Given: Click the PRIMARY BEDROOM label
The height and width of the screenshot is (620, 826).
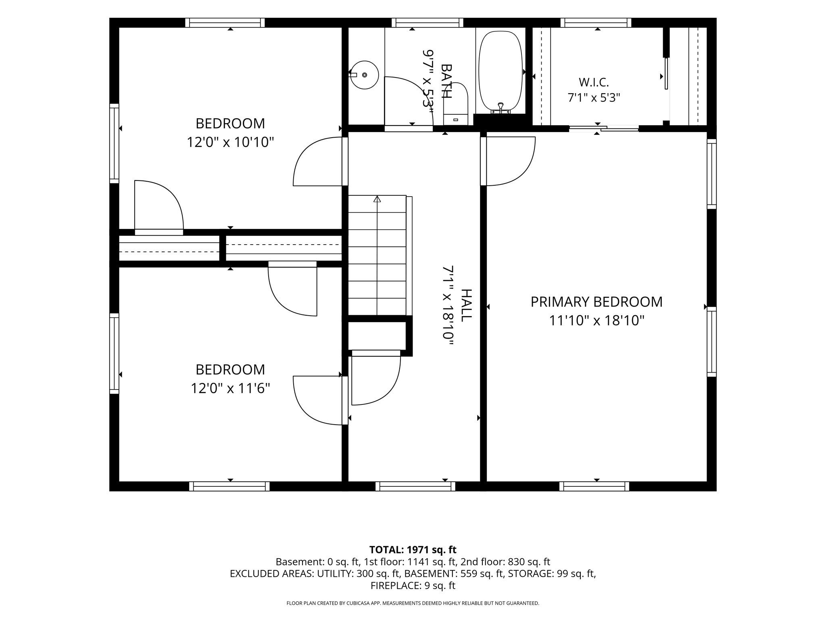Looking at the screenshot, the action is [596, 302].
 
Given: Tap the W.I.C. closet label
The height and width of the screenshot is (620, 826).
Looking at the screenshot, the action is [594, 82].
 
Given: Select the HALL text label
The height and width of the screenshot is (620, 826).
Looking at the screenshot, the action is [466, 305].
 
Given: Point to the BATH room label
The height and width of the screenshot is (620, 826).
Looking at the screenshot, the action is [446, 81].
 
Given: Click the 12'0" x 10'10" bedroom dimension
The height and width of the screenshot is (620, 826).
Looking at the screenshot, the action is [230, 142].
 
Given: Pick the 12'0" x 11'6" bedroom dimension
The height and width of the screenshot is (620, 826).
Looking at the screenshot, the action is [230, 389].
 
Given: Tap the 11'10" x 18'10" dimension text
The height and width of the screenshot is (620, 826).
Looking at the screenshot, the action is [597, 321].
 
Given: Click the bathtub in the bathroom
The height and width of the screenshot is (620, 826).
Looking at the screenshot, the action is [500, 72].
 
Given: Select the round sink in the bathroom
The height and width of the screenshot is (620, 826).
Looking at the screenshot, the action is [364, 75].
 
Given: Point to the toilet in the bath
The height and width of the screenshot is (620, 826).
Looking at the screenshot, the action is [456, 103].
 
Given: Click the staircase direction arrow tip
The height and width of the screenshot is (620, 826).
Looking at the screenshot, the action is [377, 197].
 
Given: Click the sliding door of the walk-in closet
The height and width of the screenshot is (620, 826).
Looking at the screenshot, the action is [604, 129].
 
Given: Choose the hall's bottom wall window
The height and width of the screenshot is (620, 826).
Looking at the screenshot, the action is [415, 486].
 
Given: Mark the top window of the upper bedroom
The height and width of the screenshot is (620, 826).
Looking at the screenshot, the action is [225, 23].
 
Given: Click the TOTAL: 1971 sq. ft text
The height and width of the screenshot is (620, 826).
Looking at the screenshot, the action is [413, 549].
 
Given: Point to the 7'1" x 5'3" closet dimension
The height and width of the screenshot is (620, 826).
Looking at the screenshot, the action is [594, 98].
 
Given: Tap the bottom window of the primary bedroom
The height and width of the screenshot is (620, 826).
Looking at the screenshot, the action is [594, 486].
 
